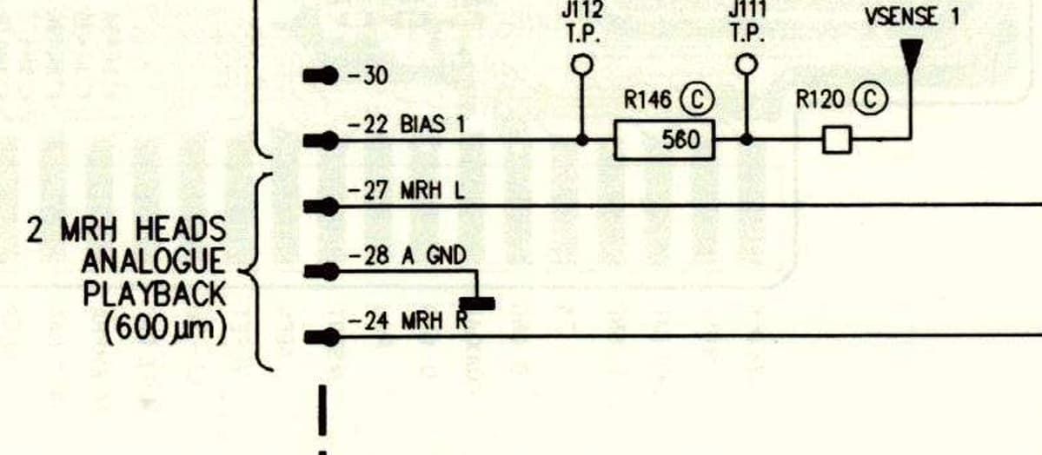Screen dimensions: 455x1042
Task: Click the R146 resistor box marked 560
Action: (x=665, y=140)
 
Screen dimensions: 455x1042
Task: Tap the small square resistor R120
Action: (x=836, y=140)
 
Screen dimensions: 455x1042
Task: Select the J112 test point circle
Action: (x=581, y=65)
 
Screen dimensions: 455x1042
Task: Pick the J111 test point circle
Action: (x=745, y=65)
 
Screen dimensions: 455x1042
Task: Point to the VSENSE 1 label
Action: (x=913, y=16)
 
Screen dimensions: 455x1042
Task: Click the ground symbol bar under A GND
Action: (x=476, y=303)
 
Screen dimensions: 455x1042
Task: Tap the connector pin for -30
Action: (x=320, y=76)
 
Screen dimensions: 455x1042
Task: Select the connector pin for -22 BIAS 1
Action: (x=320, y=140)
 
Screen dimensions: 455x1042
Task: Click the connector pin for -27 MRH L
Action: (x=320, y=206)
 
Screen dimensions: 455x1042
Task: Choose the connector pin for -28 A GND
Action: (x=320, y=272)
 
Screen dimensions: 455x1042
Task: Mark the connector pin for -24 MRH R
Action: (x=320, y=335)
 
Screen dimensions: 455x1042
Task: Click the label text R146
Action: (x=647, y=101)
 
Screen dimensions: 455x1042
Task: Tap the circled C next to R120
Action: (x=871, y=101)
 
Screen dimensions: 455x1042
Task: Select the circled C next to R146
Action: (x=697, y=101)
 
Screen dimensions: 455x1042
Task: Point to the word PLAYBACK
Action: (x=154, y=294)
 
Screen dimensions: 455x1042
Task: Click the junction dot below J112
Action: (x=581, y=140)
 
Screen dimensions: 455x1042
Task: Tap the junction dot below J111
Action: (x=745, y=140)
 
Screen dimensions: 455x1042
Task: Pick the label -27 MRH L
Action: (x=406, y=192)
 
